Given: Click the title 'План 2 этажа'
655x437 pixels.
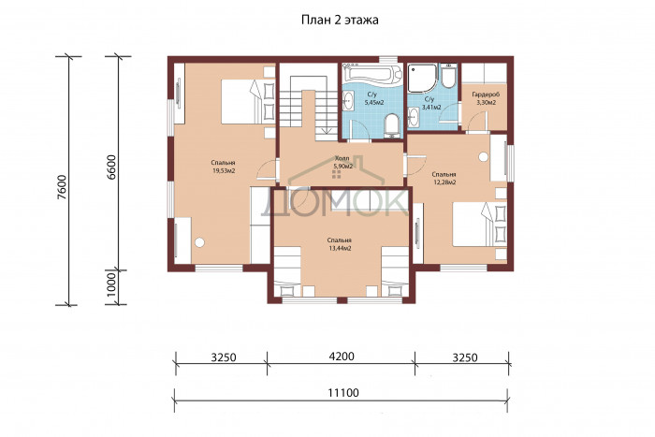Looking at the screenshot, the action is [x=340, y=20].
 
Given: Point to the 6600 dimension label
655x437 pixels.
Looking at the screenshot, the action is [x=111, y=168].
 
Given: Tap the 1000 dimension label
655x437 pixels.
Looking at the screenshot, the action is [x=111, y=284].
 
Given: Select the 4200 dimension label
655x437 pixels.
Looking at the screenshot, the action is [x=342, y=357].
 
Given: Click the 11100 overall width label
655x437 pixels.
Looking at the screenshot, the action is [x=343, y=393].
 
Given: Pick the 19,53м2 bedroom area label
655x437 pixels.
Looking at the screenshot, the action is [x=224, y=170].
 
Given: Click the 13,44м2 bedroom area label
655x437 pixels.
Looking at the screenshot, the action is [x=339, y=248].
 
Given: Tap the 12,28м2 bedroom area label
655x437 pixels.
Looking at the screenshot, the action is [x=444, y=182].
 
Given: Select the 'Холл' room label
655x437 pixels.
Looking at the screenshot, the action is [x=342, y=158].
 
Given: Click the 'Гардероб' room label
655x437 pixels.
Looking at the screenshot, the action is [x=486, y=95].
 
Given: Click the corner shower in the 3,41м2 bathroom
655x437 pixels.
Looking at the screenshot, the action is [x=422, y=78].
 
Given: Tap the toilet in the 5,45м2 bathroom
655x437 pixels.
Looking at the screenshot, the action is [x=392, y=125].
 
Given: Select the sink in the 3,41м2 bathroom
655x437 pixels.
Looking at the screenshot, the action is [x=414, y=116].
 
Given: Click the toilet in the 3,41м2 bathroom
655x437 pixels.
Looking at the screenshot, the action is [x=448, y=76].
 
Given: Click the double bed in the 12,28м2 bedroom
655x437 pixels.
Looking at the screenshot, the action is [x=479, y=225].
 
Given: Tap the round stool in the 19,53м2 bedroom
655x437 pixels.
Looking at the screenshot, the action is [x=199, y=242].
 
